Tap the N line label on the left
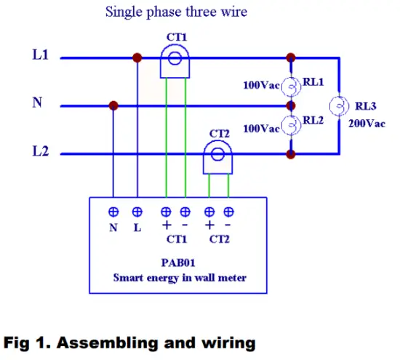pyautogui.click(x=37, y=103)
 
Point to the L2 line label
pyautogui.click(x=41, y=152)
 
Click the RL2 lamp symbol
pyautogui.click(x=291, y=127)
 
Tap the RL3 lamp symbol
pyautogui.click(x=338, y=106)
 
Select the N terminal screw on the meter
pyautogui.click(x=113, y=212)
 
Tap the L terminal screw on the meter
pyautogui.click(x=137, y=212)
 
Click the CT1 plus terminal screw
pyautogui.click(x=166, y=212)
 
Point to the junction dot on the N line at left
pyautogui.click(x=113, y=105)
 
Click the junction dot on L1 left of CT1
pyautogui.click(x=137, y=57)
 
